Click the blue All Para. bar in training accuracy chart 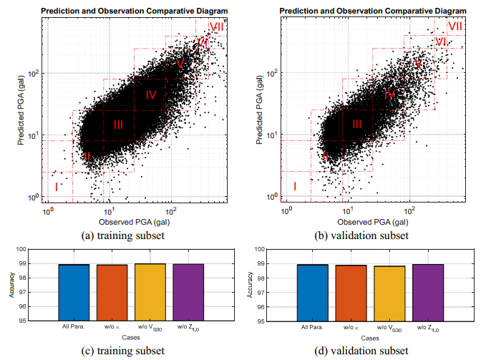coord(74,292)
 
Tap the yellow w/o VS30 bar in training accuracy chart coord(150,292)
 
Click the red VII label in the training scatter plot coord(216,26)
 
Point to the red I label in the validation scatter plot coord(294,187)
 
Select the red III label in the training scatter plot coord(119,125)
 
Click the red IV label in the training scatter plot coord(151,94)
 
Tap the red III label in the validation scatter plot coord(356,125)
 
